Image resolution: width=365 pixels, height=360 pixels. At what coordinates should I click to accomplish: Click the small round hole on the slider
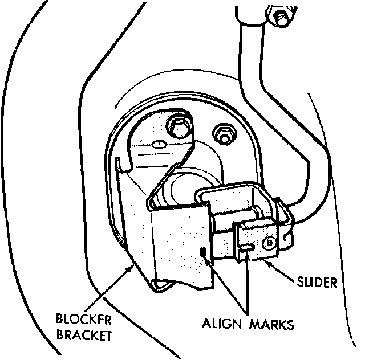[267, 244]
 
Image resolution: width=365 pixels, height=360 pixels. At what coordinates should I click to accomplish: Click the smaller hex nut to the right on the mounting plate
[222, 134]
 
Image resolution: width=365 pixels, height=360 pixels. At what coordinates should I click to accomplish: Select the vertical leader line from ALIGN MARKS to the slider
[248, 285]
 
